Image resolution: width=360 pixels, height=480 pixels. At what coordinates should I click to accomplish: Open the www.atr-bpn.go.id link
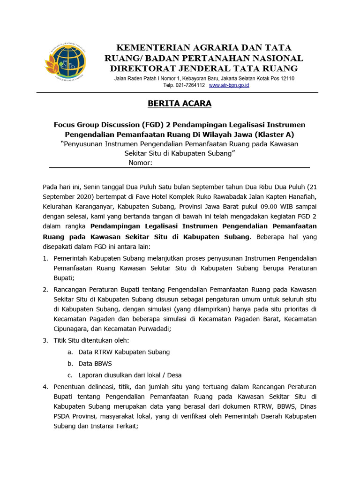pos(229,85)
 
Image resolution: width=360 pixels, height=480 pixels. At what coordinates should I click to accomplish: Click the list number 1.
pos(45,258)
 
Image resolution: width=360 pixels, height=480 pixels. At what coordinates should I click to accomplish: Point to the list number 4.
pos(45,387)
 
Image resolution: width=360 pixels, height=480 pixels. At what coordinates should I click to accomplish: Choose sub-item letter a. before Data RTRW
pos(70,352)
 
